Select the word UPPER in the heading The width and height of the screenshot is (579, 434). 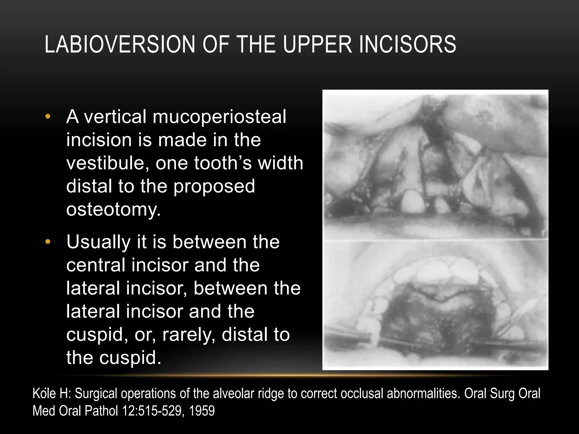(317, 44)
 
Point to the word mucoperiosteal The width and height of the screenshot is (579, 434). (219, 117)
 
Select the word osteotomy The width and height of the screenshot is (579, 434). (113, 210)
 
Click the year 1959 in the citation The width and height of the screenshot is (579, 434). (202, 411)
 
